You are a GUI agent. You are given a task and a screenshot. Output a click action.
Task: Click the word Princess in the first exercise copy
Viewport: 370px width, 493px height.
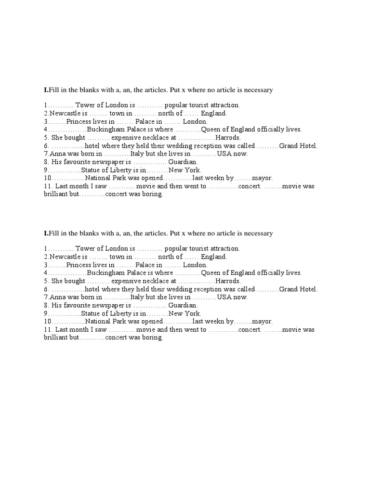click(79, 121)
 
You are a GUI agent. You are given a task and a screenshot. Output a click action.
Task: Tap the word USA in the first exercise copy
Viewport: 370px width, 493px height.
click(225, 154)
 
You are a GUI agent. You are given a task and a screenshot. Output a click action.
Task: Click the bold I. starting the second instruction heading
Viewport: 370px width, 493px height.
click(46, 233)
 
